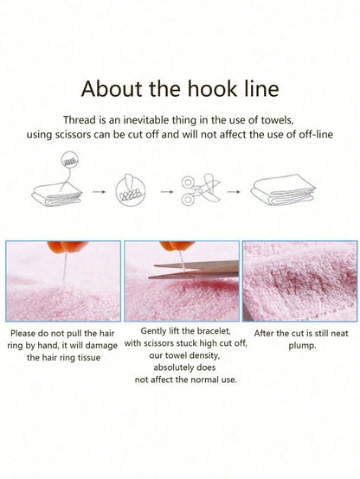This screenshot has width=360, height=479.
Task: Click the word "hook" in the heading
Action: pos(212,88)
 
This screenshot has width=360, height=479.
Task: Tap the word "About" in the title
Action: pos(112,88)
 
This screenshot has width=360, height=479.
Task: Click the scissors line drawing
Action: pos(201,189)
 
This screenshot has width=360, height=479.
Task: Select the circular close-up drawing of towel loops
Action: pos(131,190)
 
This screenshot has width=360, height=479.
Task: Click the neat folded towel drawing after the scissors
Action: pos(282,190)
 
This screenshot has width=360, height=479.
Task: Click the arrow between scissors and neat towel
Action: pos(234,192)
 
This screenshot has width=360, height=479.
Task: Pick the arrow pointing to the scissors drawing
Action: pos(167,192)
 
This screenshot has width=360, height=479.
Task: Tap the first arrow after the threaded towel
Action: pos(99,192)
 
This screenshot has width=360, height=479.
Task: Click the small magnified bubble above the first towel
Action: pos(70,161)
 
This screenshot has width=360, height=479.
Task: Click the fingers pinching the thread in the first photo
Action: pos(67,246)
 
